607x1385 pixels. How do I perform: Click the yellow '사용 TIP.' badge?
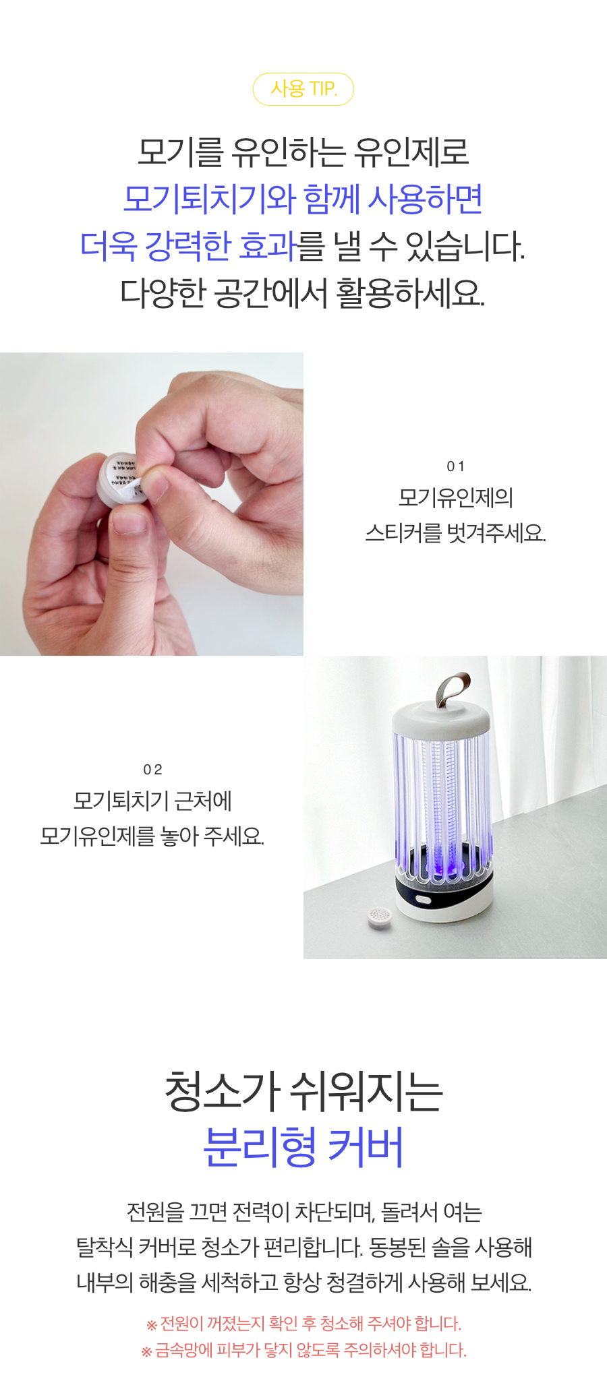click(x=303, y=89)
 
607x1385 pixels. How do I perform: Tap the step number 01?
click(x=456, y=466)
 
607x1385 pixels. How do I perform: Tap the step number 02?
click(x=152, y=770)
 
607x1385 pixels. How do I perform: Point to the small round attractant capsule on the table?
click(x=380, y=917)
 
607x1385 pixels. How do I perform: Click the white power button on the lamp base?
click(x=424, y=900)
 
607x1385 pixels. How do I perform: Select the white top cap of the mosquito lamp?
click(x=442, y=717)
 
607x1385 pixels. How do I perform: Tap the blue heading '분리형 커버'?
click(x=303, y=1146)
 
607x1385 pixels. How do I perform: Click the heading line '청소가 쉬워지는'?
click(x=303, y=1091)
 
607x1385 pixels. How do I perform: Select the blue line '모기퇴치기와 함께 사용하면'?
click(x=303, y=199)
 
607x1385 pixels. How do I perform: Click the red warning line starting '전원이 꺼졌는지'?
click(x=303, y=1324)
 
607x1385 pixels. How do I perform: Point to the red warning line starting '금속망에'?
click(x=303, y=1351)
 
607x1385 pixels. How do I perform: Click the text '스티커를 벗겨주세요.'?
click(x=455, y=533)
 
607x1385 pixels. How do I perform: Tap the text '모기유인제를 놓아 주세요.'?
click(x=152, y=836)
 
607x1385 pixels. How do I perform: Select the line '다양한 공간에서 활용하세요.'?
click(x=303, y=293)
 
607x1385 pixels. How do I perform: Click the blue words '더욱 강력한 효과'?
click(x=188, y=246)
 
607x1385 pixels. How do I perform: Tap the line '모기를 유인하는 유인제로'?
click(x=303, y=152)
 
